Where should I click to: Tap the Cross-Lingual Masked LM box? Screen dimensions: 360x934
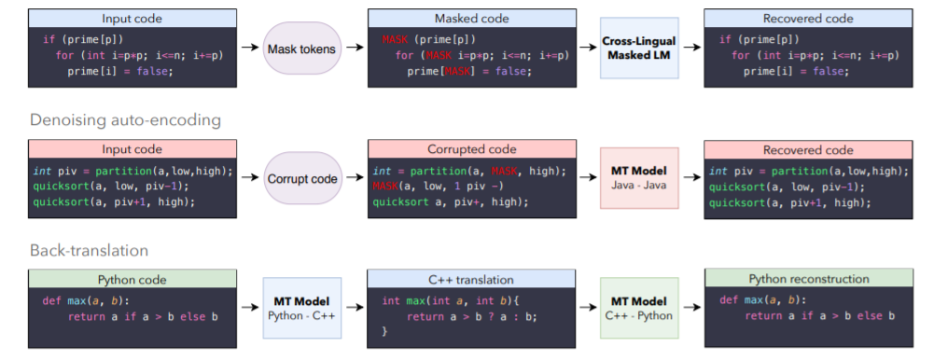(640, 48)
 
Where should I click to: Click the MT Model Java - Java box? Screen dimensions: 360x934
(639, 177)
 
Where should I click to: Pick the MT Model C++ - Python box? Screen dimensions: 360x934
(639, 307)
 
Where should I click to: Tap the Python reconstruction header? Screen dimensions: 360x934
(808, 278)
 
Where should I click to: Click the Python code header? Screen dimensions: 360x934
(132, 278)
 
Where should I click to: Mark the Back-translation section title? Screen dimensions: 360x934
(89, 250)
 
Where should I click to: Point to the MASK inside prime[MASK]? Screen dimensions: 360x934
(444, 72)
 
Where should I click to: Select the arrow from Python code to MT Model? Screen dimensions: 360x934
(249, 307)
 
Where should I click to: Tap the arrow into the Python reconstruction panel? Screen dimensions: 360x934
(690, 307)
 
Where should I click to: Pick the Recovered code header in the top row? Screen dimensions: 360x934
(808, 18)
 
